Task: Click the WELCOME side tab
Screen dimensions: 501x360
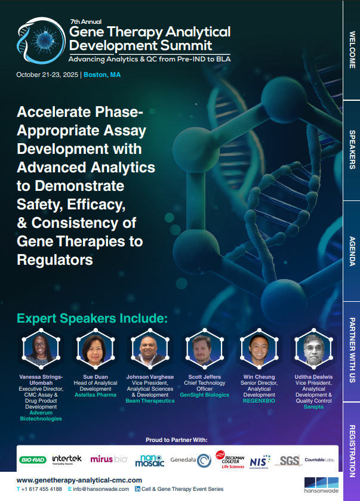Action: click(352, 50)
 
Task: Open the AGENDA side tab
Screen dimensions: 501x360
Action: click(352, 251)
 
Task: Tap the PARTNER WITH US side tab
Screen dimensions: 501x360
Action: click(352, 351)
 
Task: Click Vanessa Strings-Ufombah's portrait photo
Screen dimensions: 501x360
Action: click(39, 350)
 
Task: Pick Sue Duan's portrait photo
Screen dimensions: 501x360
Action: click(94, 350)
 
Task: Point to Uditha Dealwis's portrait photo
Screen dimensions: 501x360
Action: click(313, 350)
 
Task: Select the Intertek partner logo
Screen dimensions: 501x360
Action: click(66, 459)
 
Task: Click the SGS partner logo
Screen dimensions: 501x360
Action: click(288, 460)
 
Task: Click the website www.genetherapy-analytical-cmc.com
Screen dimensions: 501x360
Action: click(79, 480)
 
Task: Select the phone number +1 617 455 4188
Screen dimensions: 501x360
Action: click(42, 489)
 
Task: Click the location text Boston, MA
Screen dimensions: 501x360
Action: click(102, 75)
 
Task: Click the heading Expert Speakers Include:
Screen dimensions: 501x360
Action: click(92, 318)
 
